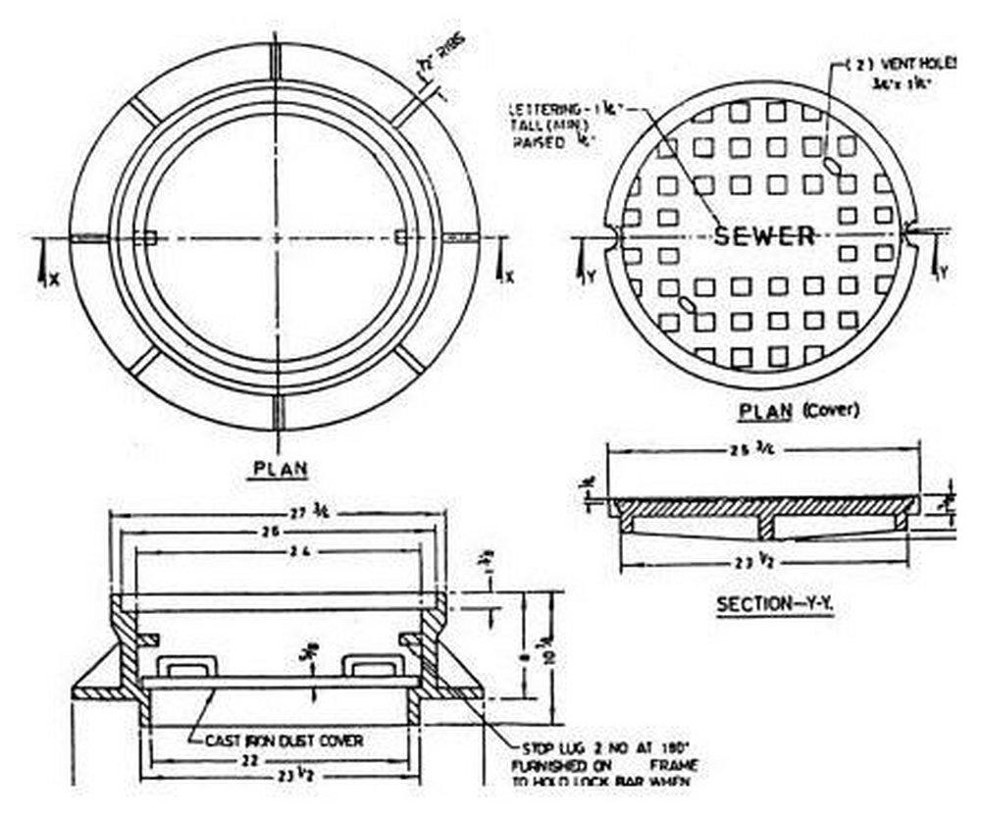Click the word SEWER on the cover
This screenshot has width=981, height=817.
click(764, 235)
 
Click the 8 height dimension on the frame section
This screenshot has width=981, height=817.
click(528, 647)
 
